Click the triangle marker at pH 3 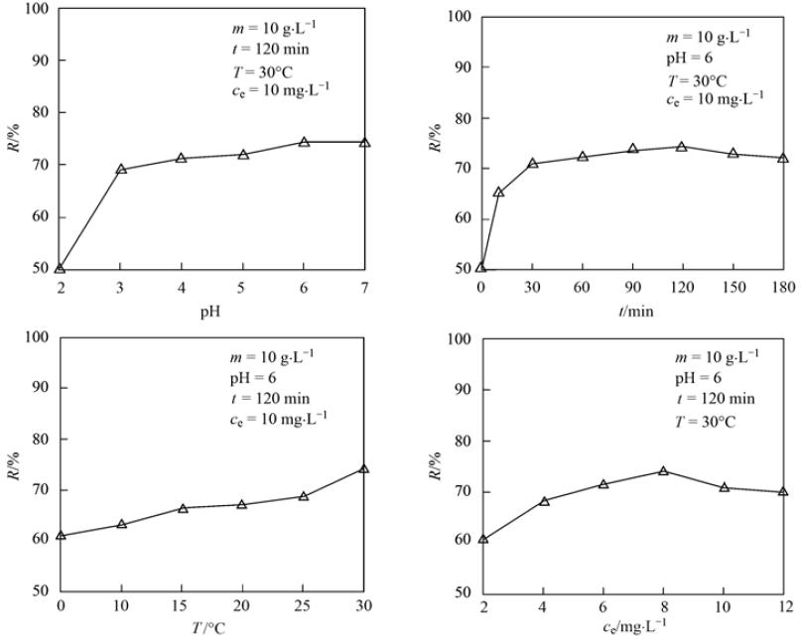(121, 169)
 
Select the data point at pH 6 (304, 142)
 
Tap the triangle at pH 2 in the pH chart (61, 267)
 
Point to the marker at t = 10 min (498, 192)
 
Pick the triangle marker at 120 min (682, 146)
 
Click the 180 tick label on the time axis (782, 289)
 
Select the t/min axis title (632, 311)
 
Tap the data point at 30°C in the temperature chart (364, 467)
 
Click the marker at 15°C (183, 507)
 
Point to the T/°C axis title (212, 627)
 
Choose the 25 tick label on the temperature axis (304, 606)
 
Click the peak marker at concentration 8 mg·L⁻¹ (663, 470)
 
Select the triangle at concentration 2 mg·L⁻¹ (483, 539)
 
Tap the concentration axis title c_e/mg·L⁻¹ (632, 629)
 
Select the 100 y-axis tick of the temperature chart (42, 335)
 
